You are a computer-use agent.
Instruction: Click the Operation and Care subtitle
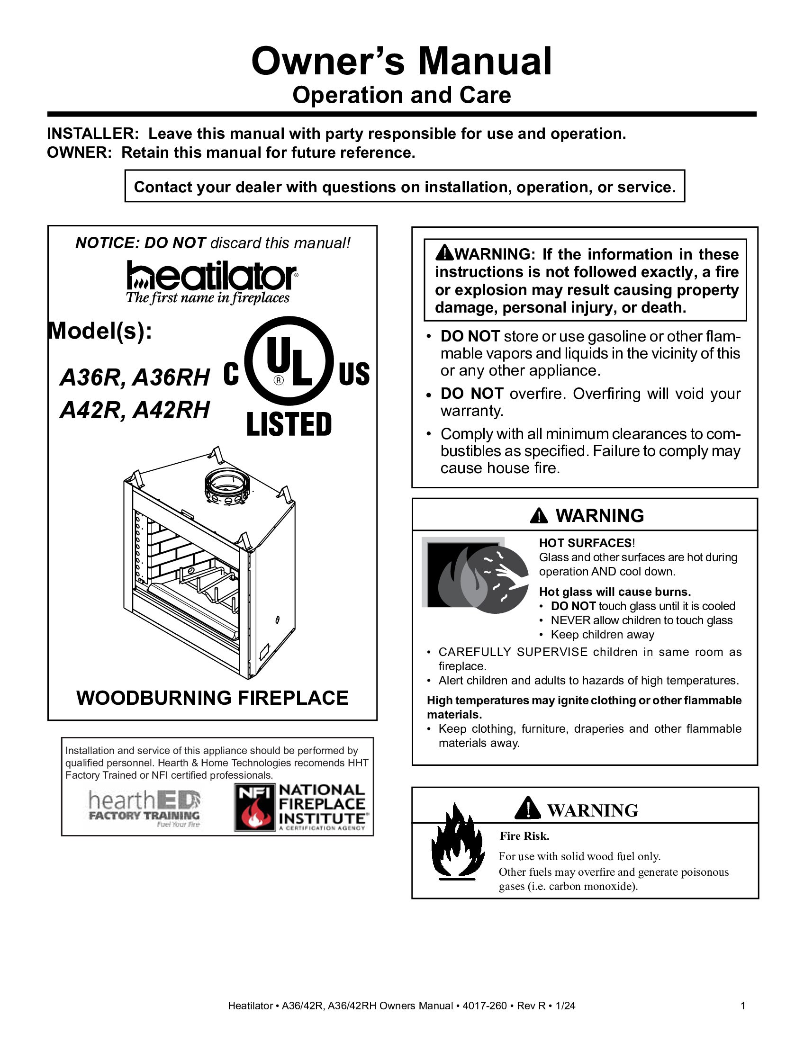[x=401, y=95]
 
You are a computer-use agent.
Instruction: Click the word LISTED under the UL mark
[x=289, y=425]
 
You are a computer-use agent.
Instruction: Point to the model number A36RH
[x=171, y=378]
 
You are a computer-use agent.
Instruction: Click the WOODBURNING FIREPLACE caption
[x=212, y=698]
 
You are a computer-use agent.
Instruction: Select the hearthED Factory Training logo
[x=144, y=808]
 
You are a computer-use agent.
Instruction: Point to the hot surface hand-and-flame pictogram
[x=475, y=575]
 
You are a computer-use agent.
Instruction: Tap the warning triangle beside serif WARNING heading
[x=527, y=808]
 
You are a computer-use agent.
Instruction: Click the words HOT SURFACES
[x=585, y=543]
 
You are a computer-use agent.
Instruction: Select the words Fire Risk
[x=524, y=836]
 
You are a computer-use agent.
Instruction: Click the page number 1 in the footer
[x=742, y=1006]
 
